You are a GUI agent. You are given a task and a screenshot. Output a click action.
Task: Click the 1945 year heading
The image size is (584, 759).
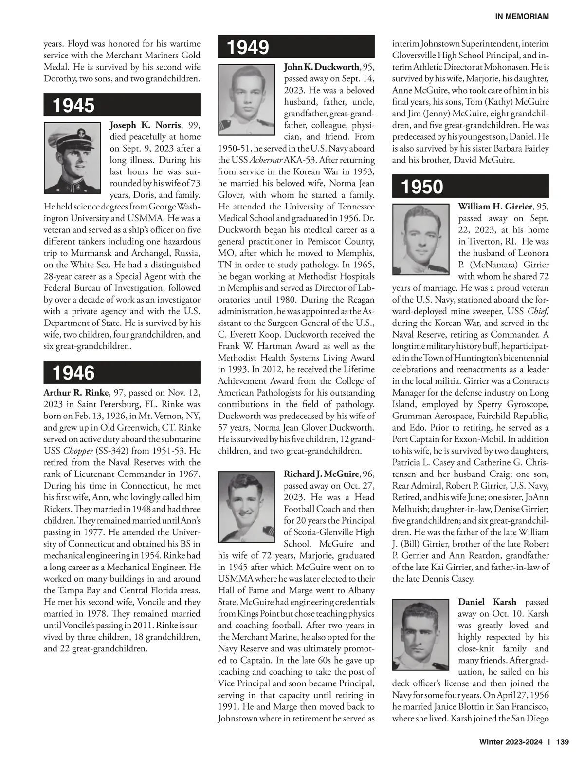pos(73,105)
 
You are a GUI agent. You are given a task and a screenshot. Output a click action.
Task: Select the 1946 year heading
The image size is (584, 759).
pos(73,373)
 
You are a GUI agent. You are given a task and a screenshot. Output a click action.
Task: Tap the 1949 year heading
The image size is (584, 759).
pos(248,47)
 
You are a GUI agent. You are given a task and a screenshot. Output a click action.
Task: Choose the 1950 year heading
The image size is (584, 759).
pos(422,187)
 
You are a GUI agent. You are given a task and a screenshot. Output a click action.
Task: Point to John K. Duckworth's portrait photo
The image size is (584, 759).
pos(247,99)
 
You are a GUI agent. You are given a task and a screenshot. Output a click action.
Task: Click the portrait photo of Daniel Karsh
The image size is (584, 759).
pos(421,635)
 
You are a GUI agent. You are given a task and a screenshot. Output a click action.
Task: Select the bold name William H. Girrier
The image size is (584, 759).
pos(495,207)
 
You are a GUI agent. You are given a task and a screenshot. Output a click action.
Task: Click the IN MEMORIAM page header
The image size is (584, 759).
pos(522,17)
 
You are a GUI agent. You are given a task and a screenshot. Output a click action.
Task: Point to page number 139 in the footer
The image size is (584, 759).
pos(562,742)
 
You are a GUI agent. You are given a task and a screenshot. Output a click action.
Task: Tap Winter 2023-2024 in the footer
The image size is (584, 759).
pos(511,742)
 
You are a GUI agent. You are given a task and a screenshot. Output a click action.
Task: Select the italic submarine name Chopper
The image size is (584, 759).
pos(78,451)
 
